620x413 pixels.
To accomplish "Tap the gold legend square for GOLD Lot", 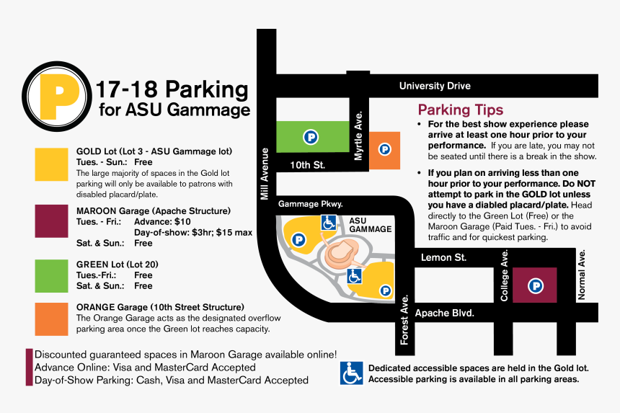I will (x=51, y=164).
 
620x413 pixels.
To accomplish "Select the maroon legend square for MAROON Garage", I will (x=51, y=221).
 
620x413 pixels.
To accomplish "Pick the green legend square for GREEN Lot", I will (x=51, y=275).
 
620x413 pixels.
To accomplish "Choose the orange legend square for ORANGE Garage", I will (x=51, y=319).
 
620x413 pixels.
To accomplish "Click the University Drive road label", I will (x=435, y=86).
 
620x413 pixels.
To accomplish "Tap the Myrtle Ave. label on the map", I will (x=358, y=136).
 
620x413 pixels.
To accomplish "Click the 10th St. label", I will (x=308, y=165).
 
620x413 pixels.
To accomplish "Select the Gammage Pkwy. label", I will (x=310, y=204).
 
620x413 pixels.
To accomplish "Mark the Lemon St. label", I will (x=443, y=257).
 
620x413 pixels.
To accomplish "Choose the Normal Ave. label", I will (x=583, y=275).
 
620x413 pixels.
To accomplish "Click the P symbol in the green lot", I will (x=310, y=136).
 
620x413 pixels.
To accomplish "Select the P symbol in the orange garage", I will (x=384, y=149).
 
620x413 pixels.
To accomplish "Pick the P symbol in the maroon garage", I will (x=536, y=286).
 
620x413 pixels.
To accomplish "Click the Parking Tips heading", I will (x=461, y=110).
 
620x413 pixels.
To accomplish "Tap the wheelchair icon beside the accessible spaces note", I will (x=351, y=373).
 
